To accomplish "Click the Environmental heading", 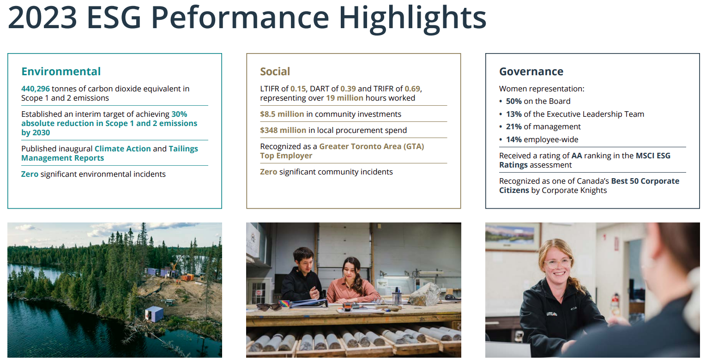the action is click(x=61, y=72).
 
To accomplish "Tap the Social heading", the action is click(x=275, y=72).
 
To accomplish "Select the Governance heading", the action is click(x=531, y=72).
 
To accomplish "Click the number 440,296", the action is click(x=35, y=89).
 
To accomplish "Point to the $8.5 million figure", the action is click(x=282, y=114).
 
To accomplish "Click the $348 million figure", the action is click(x=283, y=130).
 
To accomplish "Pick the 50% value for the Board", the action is click(x=514, y=101).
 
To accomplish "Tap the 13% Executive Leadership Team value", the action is click(x=514, y=114).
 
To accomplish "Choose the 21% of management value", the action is click(x=514, y=126).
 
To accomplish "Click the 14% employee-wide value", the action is click(x=514, y=139).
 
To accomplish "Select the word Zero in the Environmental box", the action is click(x=30, y=174).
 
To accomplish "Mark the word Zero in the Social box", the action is click(x=269, y=172).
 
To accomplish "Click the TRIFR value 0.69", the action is click(x=412, y=89).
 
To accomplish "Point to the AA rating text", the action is click(x=577, y=156).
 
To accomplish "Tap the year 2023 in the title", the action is click(x=42, y=18).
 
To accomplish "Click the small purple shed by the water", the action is click(x=154, y=314).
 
